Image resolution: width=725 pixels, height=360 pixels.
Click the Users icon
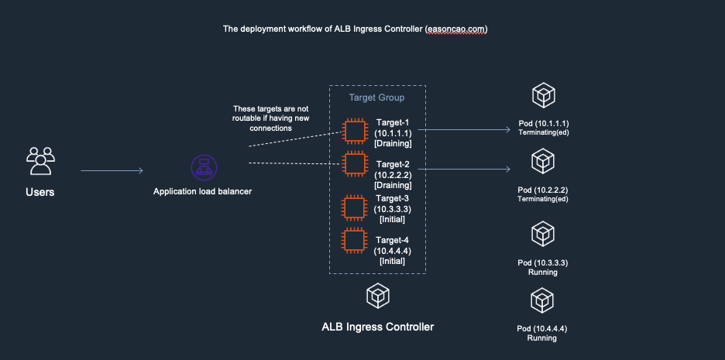(40, 161)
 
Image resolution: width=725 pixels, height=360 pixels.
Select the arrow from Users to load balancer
(112, 170)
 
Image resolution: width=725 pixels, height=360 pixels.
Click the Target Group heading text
(376, 98)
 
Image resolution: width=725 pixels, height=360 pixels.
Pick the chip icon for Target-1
(355, 131)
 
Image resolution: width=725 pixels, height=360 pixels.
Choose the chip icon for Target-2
(355, 165)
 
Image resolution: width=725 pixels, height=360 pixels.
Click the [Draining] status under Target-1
(393, 144)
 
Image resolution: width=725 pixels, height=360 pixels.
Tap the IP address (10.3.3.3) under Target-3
(393, 209)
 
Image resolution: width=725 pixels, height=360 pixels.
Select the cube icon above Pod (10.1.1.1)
(543, 97)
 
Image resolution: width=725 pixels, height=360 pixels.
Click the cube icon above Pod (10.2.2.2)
(543, 161)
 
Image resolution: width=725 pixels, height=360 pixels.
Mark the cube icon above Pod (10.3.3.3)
(543, 234)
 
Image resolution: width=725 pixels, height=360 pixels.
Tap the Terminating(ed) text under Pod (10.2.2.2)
(543, 199)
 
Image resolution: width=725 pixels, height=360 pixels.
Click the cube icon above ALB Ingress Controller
(377, 295)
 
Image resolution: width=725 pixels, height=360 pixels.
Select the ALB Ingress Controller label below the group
(377, 327)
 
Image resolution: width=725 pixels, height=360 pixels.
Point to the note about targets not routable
(270, 118)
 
